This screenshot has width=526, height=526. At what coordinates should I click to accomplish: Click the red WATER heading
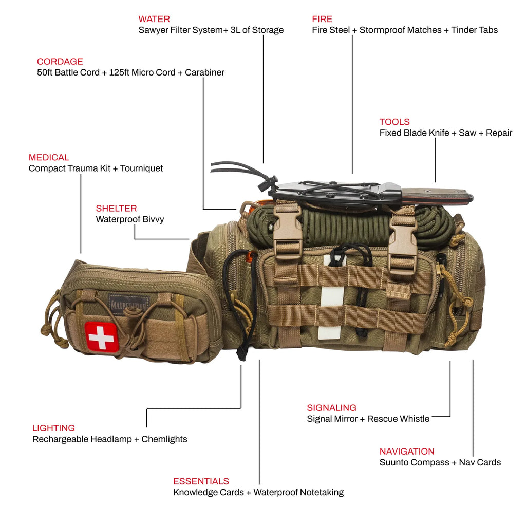[154, 19]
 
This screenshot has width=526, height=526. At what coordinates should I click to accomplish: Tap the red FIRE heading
[322, 19]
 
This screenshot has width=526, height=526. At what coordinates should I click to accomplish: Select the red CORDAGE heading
[60, 62]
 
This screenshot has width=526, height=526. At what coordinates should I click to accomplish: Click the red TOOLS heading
[394, 122]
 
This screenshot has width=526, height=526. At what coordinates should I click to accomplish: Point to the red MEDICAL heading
[49, 157]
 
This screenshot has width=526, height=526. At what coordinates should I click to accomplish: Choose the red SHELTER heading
[116, 208]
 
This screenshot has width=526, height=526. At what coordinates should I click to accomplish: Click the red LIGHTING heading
[53, 428]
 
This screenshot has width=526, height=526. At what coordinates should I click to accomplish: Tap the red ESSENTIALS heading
[201, 481]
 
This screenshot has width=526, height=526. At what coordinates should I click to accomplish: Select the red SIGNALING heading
[331, 407]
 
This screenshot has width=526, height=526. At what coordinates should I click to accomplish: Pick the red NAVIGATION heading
[407, 451]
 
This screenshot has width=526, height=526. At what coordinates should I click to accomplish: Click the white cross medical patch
[101, 337]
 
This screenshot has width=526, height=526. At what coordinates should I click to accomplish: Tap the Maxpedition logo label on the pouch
[128, 303]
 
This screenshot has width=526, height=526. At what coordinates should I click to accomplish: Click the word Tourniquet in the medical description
[141, 168]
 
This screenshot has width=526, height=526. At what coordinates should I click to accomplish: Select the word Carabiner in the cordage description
[204, 72]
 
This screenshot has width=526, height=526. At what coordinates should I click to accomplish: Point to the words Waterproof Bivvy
[130, 219]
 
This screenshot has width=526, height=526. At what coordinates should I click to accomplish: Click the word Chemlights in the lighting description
[164, 439]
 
